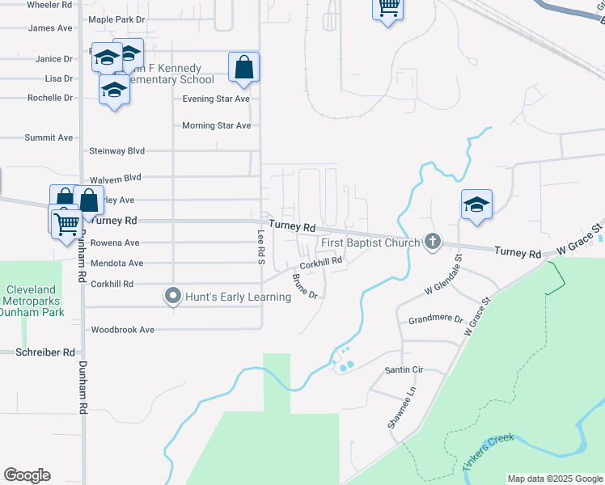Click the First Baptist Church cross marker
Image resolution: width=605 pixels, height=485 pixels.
pyautogui.click(x=434, y=242)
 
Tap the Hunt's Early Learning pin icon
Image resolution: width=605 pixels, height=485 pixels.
pyautogui.click(x=171, y=297)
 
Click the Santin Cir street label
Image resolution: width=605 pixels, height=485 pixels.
pyautogui.click(x=404, y=369)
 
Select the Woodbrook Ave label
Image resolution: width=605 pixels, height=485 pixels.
pyautogui.click(x=122, y=330)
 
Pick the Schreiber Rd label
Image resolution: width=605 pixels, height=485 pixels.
pyautogui.click(x=45, y=352)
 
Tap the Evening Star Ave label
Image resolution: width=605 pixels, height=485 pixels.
pyautogui.click(x=216, y=99)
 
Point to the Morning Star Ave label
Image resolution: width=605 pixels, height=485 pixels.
pyautogui.click(x=216, y=125)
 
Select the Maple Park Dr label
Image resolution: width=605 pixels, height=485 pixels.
pyautogui.click(x=116, y=19)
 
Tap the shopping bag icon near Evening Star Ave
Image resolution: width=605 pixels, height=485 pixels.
pyautogui.click(x=243, y=69)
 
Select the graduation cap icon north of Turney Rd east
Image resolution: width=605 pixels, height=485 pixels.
pyautogui.click(x=476, y=205)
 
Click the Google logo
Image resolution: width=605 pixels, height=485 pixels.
pyautogui.click(x=27, y=475)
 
